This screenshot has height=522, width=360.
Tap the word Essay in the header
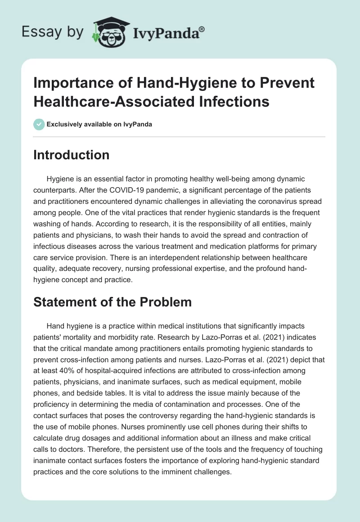click(37, 32)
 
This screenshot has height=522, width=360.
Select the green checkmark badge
click(39, 124)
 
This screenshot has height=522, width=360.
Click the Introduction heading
click(72, 155)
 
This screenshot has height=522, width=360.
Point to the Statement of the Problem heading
click(112, 302)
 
